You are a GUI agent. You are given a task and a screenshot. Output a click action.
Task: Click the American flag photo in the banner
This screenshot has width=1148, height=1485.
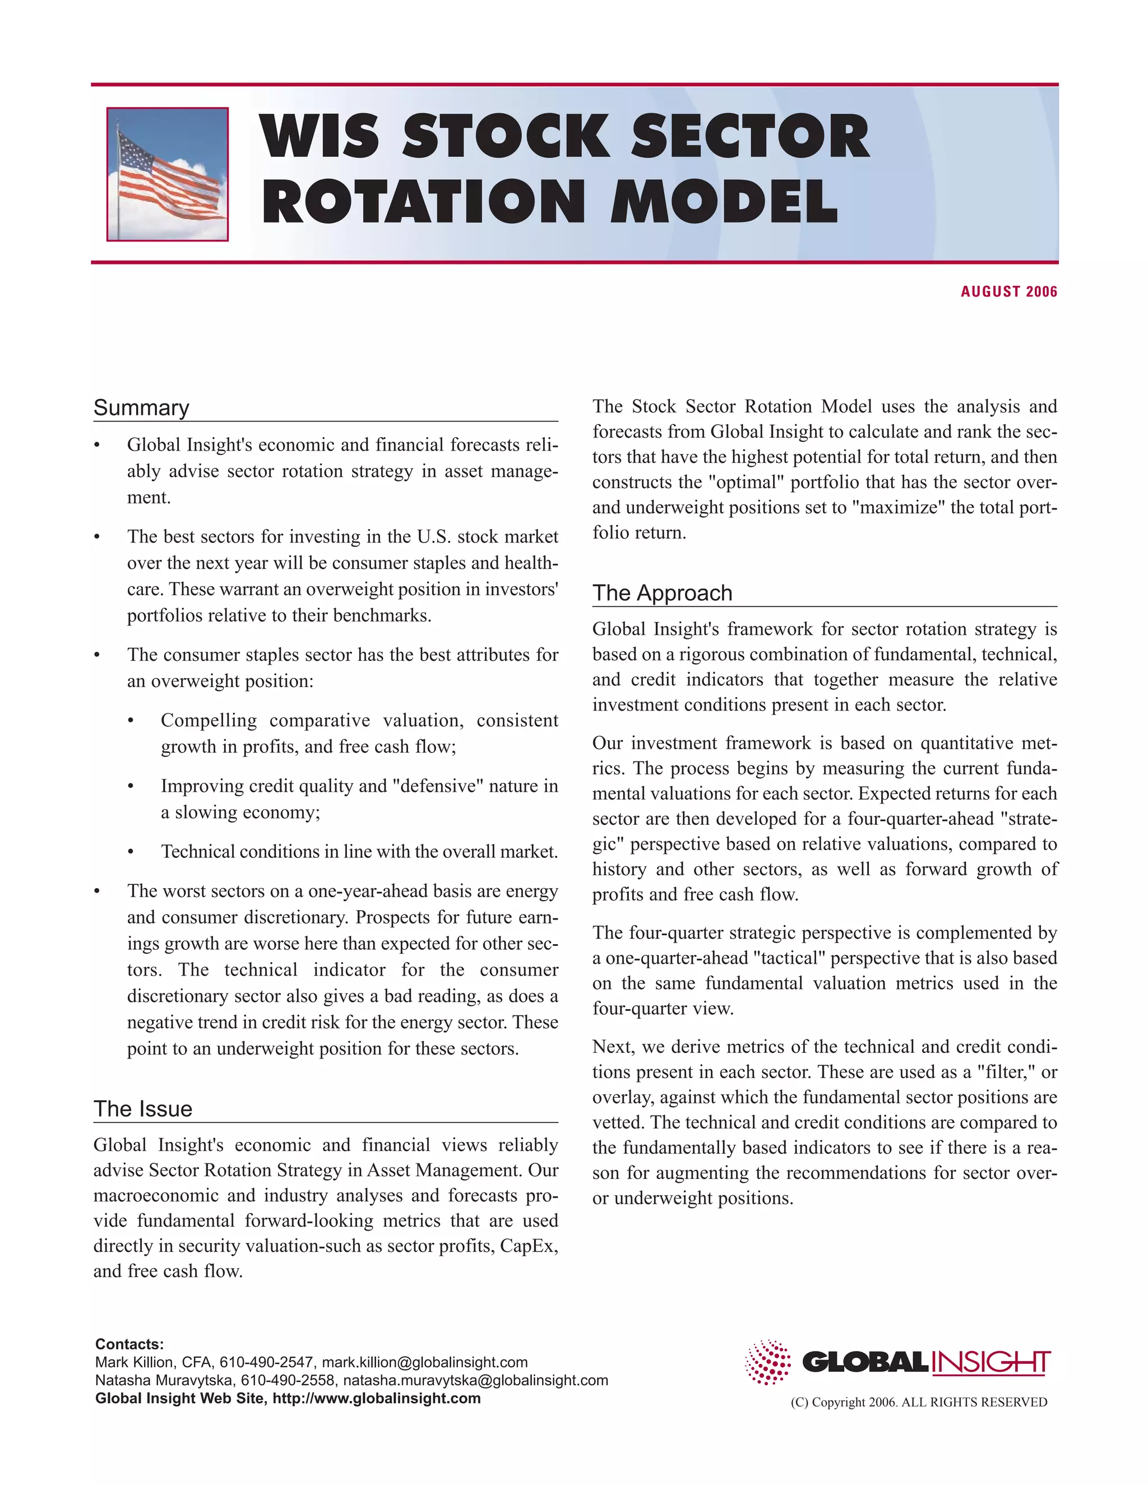point(167,174)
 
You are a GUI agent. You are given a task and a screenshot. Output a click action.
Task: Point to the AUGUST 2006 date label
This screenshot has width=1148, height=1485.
point(1008,292)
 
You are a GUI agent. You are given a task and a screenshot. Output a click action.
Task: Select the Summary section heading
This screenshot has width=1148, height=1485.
point(141,407)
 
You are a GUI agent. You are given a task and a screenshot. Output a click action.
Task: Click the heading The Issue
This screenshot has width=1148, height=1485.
point(143,1109)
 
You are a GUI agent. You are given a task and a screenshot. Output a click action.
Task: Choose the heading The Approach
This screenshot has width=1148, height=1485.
point(662,593)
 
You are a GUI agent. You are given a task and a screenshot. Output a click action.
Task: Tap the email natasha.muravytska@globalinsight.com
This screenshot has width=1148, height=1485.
point(475,1380)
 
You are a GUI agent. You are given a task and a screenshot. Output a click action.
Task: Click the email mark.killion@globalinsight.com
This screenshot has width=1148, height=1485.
point(424,1363)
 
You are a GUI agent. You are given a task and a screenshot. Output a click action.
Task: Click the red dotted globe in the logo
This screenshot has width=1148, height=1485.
point(768,1362)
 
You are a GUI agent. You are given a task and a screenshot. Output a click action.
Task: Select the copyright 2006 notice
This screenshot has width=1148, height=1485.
point(918,1402)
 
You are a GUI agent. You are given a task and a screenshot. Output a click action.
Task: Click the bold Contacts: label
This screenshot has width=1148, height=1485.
point(129,1344)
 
